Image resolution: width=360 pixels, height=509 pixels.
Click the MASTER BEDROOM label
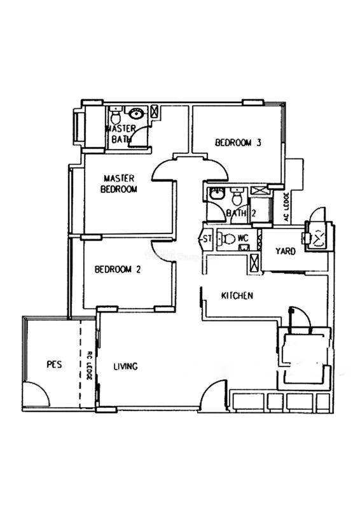click(x=119, y=184)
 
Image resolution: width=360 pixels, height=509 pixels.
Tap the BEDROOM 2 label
click(x=118, y=269)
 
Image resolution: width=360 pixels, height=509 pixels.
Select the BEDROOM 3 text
click(x=239, y=143)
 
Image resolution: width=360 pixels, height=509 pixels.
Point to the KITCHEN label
click(x=237, y=296)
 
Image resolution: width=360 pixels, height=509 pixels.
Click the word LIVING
click(x=126, y=366)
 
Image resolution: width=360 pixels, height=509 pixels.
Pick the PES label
click(x=54, y=364)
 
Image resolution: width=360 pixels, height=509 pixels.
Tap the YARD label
click(x=286, y=251)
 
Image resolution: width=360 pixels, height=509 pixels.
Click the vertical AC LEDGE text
click(x=287, y=207)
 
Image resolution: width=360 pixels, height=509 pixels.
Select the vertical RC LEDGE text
click(x=90, y=365)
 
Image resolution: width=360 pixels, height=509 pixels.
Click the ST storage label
click(x=207, y=239)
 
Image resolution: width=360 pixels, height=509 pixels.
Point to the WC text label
click(x=243, y=238)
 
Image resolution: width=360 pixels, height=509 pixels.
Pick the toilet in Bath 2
click(x=237, y=196)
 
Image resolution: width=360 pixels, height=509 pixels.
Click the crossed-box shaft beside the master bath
click(x=155, y=111)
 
